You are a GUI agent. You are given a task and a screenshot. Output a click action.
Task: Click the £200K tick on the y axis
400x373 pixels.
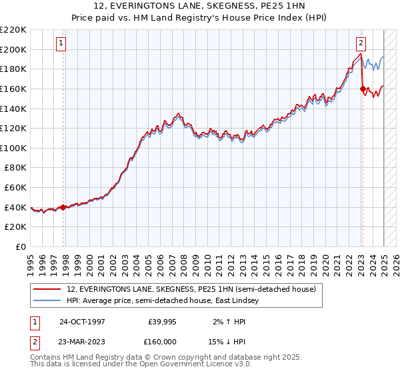14,49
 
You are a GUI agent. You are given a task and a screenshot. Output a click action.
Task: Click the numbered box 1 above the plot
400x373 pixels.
61,43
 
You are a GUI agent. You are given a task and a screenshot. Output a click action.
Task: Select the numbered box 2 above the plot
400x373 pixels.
361,43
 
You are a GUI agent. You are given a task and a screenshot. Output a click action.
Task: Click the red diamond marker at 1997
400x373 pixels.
63,207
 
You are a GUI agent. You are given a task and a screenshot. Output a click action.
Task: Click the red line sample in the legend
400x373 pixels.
47,289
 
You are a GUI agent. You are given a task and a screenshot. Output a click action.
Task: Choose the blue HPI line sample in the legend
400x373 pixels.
47,301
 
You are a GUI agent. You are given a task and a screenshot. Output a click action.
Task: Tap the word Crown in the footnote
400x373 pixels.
161,358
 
